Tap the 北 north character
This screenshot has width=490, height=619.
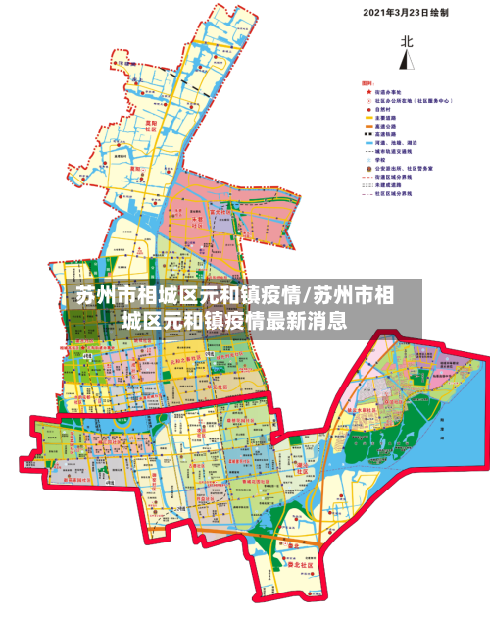tap(406, 41)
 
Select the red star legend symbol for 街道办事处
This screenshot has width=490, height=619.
tap(367, 92)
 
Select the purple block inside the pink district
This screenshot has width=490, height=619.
tap(220, 210)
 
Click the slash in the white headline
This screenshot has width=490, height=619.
tap(306, 295)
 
